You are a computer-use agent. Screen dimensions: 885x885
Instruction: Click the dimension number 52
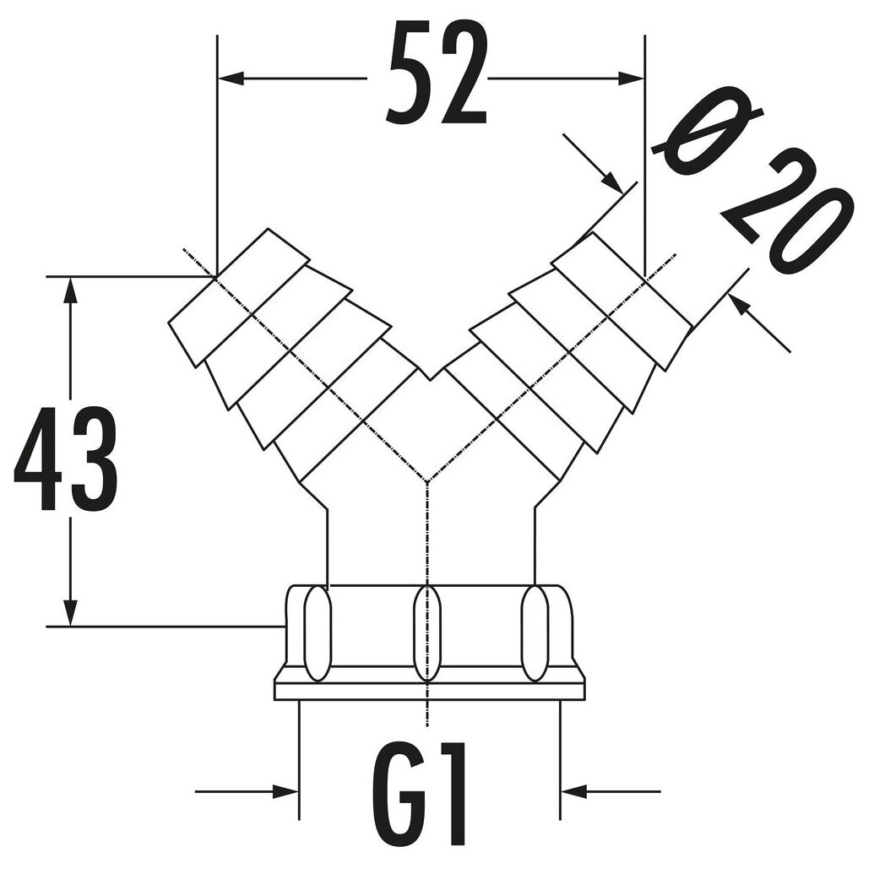437,73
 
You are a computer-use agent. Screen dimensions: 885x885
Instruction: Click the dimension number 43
66,459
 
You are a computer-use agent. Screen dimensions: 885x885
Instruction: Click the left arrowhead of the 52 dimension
231,79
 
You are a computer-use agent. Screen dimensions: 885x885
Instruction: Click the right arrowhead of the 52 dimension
631,79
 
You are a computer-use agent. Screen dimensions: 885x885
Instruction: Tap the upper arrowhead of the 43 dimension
70,290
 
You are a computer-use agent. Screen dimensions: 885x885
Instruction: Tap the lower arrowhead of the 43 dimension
70,612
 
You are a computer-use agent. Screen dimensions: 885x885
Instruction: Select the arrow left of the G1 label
247,791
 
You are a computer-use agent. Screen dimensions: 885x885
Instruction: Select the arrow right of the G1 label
611,791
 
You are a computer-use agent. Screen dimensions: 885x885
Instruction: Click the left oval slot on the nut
318,633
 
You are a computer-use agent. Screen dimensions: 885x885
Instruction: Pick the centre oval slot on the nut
427,633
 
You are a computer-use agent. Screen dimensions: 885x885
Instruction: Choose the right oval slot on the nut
535,633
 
